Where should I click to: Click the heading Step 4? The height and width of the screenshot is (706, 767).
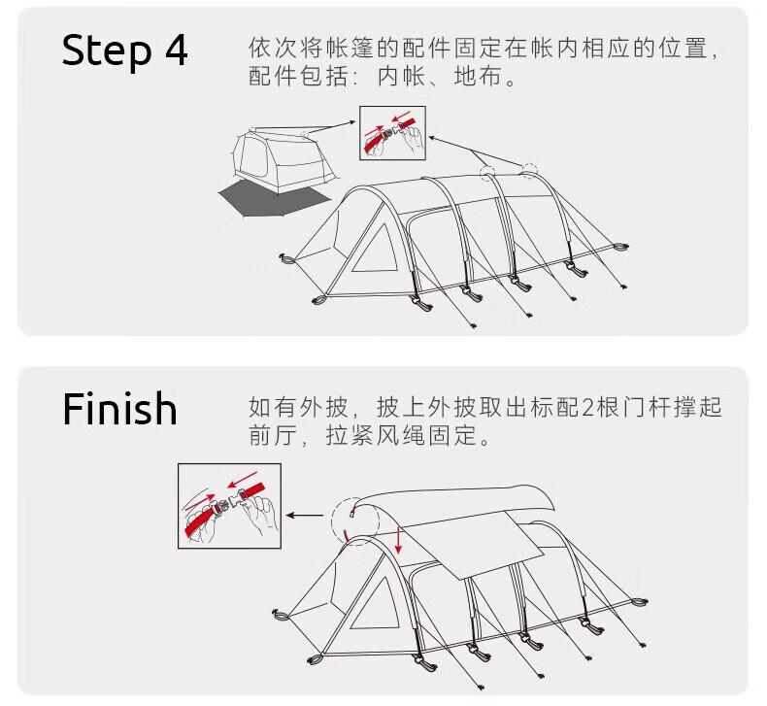pyautogui.click(x=124, y=50)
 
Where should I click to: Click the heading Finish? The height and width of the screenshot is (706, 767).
pyautogui.click(x=120, y=409)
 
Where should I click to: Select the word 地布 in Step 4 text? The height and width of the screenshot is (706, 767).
pyautogui.click(x=489, y=76)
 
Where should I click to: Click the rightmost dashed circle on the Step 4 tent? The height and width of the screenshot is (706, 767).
pyautogui.click(x=528, y=170)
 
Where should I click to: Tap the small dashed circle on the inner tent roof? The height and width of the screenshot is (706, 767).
pyautogui.click(x=305, y=135)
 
